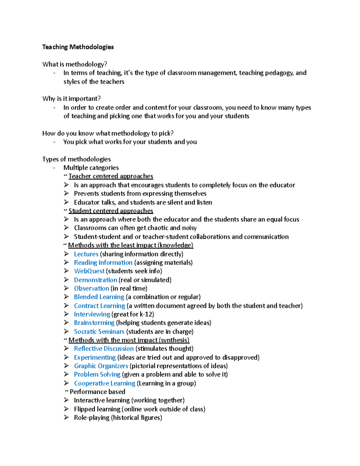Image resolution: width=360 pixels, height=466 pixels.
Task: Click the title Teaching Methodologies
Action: (78, 47)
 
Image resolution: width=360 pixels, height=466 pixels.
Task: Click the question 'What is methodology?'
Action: (75, 64)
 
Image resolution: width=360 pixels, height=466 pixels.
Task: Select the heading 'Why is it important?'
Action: (71, 99)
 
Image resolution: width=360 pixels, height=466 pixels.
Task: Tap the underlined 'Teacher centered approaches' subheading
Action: (111, 176)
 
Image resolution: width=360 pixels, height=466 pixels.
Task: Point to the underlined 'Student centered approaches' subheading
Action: (111, 211)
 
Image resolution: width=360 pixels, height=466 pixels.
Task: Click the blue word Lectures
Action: (86, 254)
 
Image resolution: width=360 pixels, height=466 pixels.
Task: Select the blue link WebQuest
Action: (89, 271)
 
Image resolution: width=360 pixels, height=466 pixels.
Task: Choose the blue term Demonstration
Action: (95, 280)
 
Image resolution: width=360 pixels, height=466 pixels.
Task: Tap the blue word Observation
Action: (91, 289)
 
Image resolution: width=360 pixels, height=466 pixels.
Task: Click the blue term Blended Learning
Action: (99, 297)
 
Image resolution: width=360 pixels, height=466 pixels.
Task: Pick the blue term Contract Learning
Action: (99, 306)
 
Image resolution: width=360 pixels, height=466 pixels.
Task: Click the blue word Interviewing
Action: (92, 314)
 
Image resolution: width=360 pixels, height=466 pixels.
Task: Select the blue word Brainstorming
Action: (94, 323)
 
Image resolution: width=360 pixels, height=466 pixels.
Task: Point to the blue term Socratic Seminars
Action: (99, 332)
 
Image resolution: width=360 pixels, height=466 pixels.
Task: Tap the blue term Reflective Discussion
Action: (104, 349)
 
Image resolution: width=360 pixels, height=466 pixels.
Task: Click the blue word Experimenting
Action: (95, 358)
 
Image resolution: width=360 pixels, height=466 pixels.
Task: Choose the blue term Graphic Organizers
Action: (101, 366)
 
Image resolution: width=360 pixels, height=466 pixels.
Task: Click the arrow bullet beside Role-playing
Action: (66, 417)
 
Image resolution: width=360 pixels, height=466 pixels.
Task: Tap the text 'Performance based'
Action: (97, 392)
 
